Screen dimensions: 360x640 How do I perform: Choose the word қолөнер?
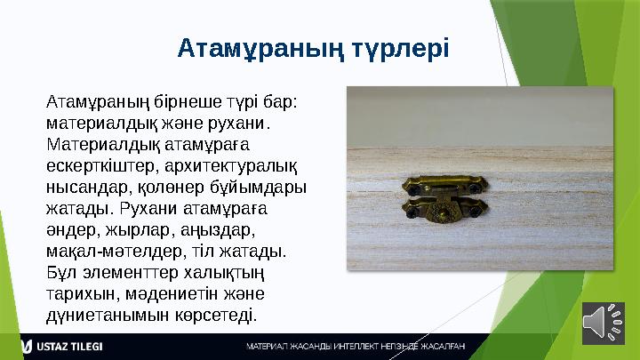coord(168,187)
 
